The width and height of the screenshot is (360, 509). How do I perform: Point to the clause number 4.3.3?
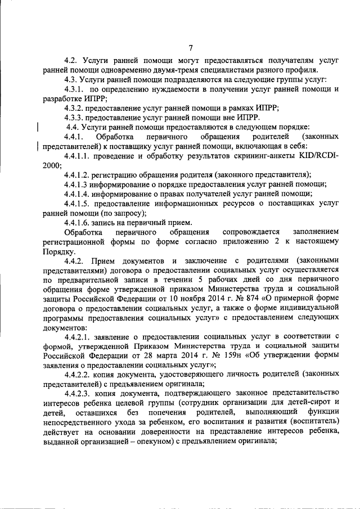click(74, 118)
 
